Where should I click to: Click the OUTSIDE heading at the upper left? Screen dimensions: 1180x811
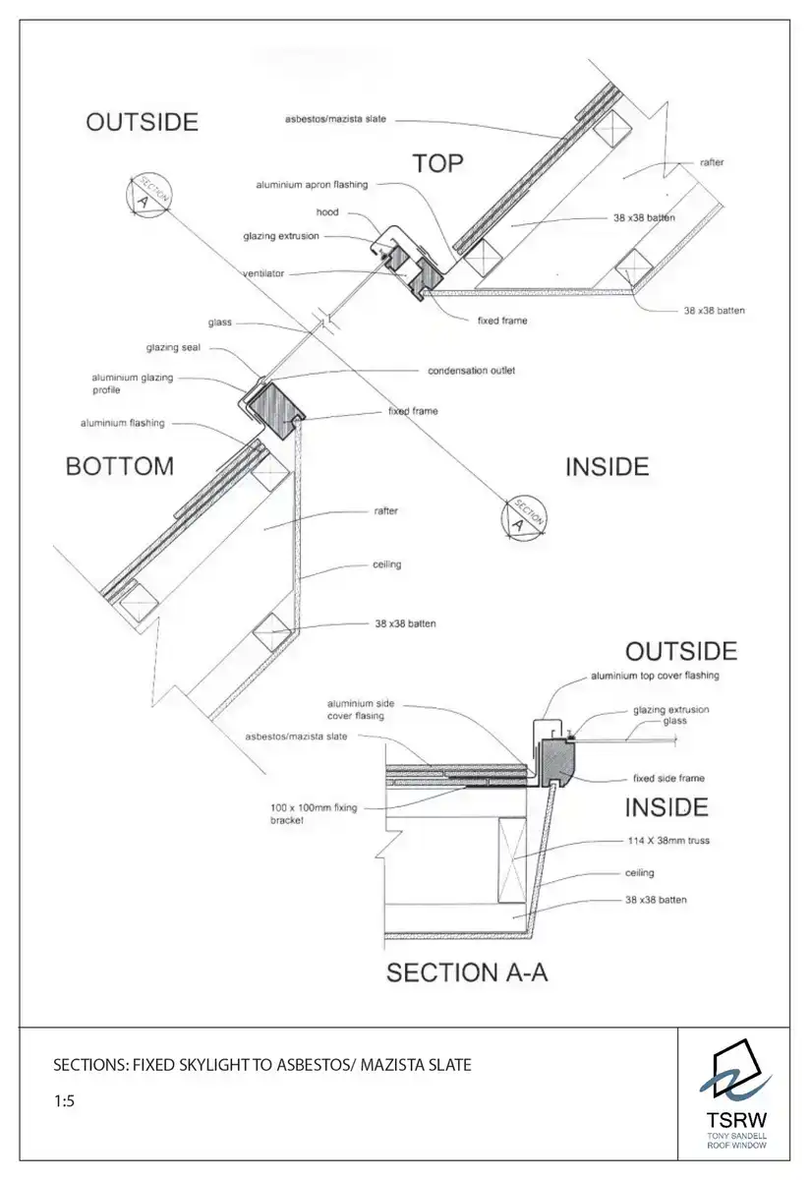click(x=142, y=122)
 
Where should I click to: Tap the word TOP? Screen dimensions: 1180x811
click(x=437, y=163)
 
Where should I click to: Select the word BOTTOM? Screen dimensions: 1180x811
click(x=119, y=466)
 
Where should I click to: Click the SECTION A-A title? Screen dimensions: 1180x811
click(x=467, y=973)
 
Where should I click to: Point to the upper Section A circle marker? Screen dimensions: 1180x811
click(x=146, y=194)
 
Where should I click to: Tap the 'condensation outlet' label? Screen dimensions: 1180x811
click(x=471, y=371)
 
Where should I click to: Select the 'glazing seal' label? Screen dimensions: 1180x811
click(x=173, y=347)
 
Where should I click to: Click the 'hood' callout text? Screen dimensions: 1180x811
click(x=327, y=212)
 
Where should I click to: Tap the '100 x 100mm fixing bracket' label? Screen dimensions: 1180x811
click(x=315, y=814)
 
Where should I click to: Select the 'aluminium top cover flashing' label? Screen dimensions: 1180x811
click(x=655, y=676)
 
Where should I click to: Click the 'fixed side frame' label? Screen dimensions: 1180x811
click(x=668, y=779)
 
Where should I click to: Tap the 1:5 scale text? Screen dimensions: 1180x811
click(x=64, y=1102)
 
